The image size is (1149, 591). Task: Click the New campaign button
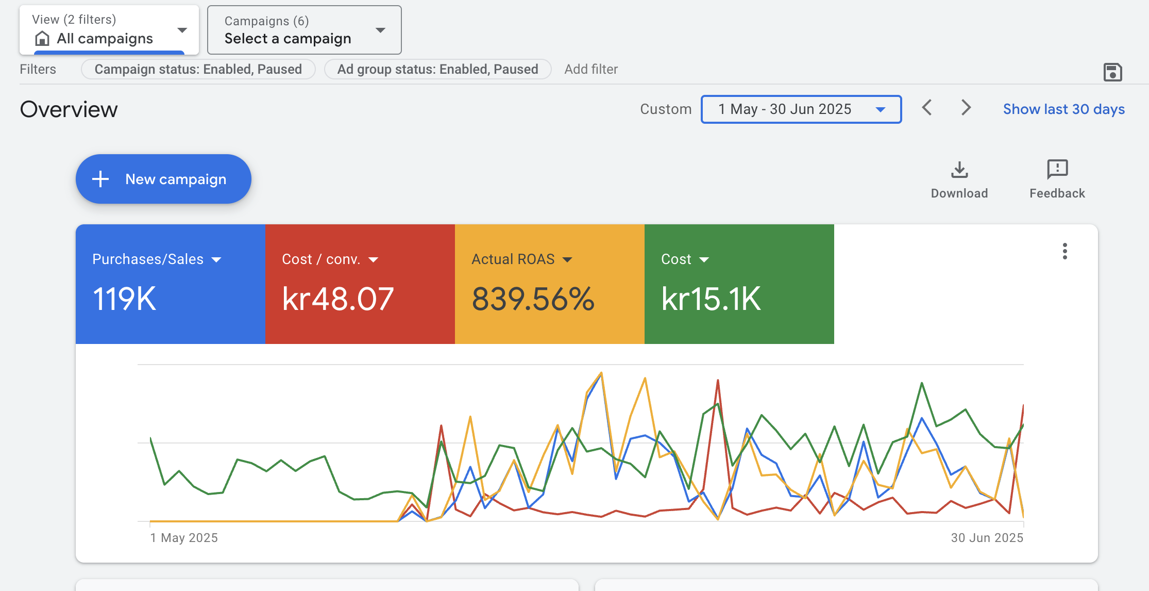[163, 179]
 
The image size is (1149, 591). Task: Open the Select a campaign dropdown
[304, 30]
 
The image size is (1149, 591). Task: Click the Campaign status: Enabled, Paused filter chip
[198, 69]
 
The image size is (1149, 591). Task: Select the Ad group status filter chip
[437, 69]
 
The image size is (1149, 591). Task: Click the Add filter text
[591, 69]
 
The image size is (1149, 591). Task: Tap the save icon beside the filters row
[1112, 72]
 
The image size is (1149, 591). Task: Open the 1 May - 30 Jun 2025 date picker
[801, 109]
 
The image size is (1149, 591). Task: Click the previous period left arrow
[927, 108]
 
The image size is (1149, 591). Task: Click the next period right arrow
[966, 108]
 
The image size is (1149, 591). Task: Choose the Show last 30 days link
[1063, 109]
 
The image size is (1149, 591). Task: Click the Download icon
[959, 170]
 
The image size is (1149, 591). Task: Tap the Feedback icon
[1057, 170]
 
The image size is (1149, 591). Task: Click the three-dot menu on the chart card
[1064, 251]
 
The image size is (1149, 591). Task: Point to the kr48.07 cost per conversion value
[338, 299]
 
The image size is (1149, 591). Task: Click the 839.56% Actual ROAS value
[533, 299]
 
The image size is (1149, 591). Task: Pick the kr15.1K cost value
[711, 299]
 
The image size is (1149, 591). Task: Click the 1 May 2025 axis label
[184, 538]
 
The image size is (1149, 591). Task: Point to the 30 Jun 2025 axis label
[987, 538]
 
